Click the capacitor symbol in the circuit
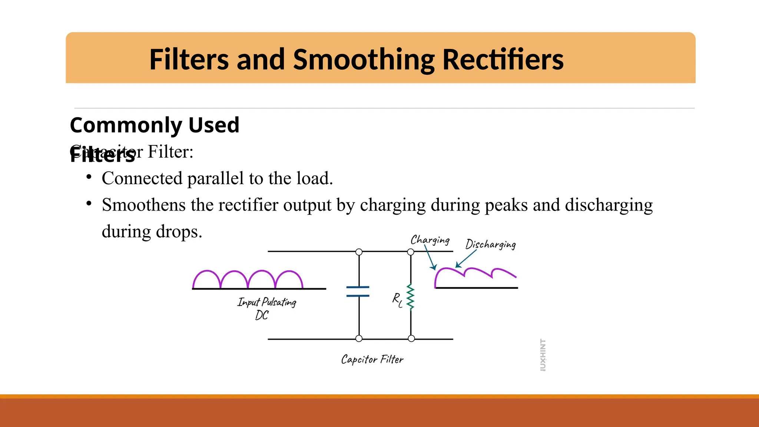[358, 291]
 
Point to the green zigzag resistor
[410, 297]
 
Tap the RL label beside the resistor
[397, 299]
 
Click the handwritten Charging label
[430, 240]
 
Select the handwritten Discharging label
[490, 244]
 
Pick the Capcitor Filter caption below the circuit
[372, 359]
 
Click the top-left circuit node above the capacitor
[359, 252]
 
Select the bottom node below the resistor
[411, 338]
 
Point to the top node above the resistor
[411, 252]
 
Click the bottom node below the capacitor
[359, 338]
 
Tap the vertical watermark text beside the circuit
[543, 355]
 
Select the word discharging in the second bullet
[609, 205]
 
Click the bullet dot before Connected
[89, 177]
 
